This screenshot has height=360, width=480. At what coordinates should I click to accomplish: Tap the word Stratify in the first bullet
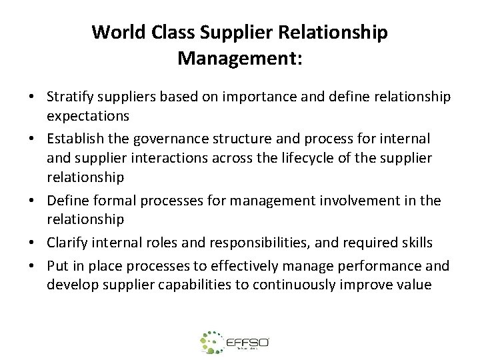coord(70,97)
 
